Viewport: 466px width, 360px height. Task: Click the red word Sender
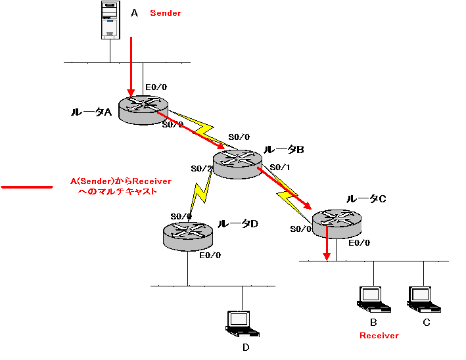coord(165,13)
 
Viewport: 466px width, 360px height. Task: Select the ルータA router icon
coord(143,108)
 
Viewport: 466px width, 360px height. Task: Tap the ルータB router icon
coord(237,162)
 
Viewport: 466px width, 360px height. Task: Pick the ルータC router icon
coord(336,223)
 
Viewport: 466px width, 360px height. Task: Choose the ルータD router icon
coord(187,235)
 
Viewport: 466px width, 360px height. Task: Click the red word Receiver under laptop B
coord(379,336)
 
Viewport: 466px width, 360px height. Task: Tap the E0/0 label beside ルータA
coord(156,87)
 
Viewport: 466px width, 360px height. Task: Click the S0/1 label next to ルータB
coord(280,167)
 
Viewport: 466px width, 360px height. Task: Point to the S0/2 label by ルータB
coord(202,169)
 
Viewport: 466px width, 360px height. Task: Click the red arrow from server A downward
coord(132,66)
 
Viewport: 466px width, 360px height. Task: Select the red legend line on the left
coord(26,187)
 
